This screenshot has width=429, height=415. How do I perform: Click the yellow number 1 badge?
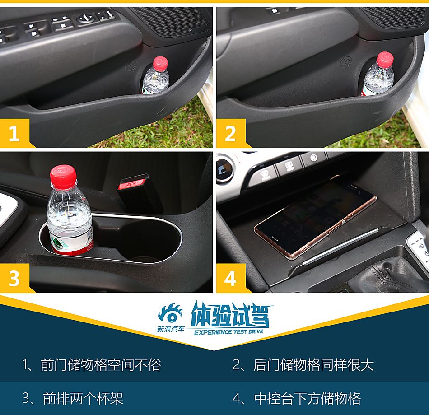pos(14,133)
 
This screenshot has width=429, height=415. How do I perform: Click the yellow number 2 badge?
pos(230,133)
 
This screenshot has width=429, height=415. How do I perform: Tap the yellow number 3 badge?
pos(14,278)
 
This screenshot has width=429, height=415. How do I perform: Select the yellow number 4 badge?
pos(230,278)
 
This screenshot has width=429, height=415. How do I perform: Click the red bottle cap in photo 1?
pos(160,62)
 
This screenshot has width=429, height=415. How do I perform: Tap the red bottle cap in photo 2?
pos(385,59)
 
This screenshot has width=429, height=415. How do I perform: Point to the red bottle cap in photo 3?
pos(63,177)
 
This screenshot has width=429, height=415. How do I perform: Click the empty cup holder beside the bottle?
pos(145,242)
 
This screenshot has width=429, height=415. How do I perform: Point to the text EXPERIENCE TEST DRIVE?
pos(228,332)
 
